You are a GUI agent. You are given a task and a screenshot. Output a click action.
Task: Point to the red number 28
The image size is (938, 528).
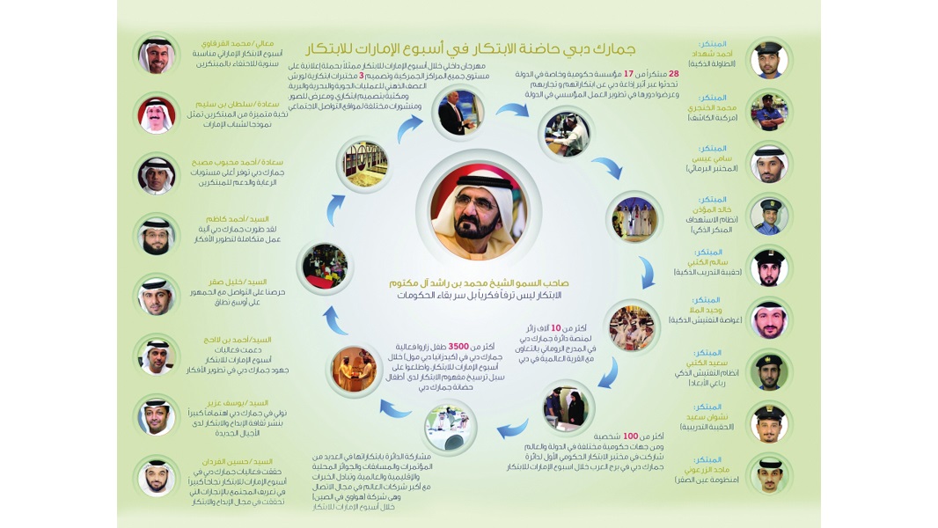(673, 75)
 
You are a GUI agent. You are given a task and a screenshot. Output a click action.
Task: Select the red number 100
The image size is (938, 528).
(629, 436)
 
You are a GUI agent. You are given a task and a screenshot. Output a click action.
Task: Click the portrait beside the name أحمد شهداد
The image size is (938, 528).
(769, 59)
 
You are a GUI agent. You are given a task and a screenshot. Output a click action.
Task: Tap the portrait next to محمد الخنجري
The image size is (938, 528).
(769, 111)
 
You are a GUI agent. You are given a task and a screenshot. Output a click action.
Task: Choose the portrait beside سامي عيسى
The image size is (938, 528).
(769, 163)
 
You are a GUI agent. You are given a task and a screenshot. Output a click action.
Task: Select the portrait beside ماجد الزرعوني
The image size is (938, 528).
(769, 473)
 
